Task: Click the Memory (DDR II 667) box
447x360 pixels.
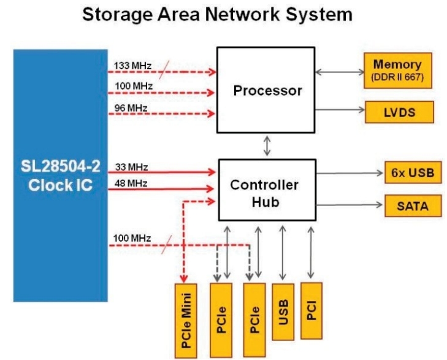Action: [x=397, y=70]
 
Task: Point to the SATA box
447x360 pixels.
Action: [x=414, y=207]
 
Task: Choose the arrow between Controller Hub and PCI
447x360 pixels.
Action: [x=311, y=251]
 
